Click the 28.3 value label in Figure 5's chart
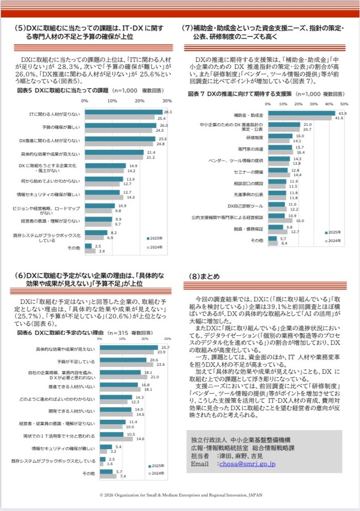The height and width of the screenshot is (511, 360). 168,112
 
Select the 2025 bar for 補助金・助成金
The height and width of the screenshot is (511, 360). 301,113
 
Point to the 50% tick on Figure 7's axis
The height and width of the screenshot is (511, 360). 344,104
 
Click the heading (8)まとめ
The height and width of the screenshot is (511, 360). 205,276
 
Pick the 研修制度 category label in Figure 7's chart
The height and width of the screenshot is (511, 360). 255,137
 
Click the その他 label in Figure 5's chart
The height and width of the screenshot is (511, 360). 74,248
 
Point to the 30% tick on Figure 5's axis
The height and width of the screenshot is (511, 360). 168,101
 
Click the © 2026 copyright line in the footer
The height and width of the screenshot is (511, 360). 180,496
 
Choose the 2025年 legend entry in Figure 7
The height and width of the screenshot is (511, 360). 333,233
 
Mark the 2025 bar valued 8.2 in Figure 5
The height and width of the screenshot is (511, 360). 96,233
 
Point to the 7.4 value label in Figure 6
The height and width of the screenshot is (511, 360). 123,477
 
